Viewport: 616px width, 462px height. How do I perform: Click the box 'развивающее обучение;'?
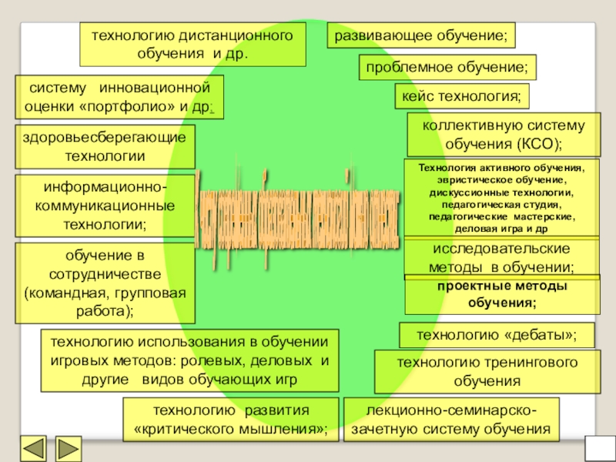[421, 35]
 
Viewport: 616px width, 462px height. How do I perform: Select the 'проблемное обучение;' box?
[447, 69]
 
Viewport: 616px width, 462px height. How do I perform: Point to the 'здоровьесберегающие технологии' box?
[105, 146]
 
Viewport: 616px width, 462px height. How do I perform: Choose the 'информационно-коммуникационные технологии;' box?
[105, 206]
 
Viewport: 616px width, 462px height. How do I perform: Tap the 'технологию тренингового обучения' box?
[487, 371]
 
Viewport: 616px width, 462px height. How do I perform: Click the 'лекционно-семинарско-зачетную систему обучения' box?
[453, 419]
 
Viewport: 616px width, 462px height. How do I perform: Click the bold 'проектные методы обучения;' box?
[502, 294]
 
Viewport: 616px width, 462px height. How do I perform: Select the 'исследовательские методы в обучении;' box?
[502, 258]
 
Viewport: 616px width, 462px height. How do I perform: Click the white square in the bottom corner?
[599, 448]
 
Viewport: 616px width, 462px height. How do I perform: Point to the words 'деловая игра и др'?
[502, 229]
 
